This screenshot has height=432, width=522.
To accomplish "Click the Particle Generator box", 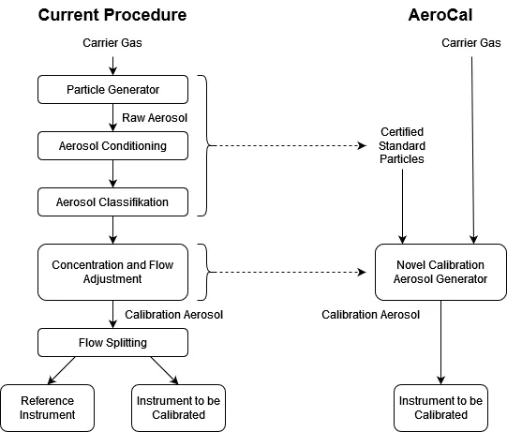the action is pos(112,90).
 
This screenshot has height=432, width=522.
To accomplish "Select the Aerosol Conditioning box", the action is pos(112,146).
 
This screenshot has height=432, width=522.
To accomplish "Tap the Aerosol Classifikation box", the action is pos(112,202).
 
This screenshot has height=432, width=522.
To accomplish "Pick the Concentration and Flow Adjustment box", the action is pos(112,273).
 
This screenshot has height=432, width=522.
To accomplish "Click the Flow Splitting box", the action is pos(112,342).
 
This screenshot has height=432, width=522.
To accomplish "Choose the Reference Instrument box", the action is pos(47,408).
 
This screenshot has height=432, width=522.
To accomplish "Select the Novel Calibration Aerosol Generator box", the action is pos(440,273).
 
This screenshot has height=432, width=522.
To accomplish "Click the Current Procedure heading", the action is pos(112,15).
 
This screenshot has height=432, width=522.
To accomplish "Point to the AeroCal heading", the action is pos(440,15).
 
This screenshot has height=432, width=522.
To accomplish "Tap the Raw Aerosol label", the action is pos(155,118).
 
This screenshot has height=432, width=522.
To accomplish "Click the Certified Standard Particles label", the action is pos(402,145).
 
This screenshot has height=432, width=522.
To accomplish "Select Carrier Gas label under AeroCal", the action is pos(471,43).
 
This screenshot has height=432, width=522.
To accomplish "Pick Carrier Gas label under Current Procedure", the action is pos(112,43).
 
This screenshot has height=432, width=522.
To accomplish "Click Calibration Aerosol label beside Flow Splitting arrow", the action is pos(173,315).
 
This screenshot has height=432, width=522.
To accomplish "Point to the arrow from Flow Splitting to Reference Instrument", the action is pos(62,370).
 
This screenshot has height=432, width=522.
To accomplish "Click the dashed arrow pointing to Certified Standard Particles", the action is pos(287,145).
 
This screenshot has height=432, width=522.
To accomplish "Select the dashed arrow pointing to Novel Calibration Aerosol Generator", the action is pos(287,273).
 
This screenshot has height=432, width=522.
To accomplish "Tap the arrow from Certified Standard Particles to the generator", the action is pos(402,206).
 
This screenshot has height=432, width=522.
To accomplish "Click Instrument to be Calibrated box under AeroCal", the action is pos(440,408).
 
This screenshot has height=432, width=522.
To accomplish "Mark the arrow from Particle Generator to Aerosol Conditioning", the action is pos(112,117).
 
